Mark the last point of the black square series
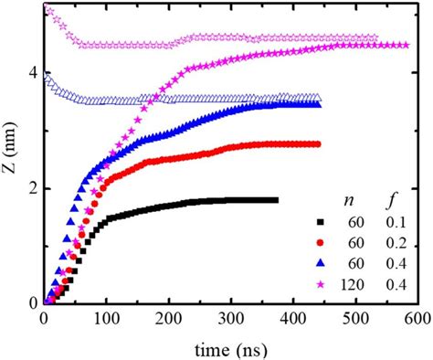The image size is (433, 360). pyautogui.click(x=275, y=200)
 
